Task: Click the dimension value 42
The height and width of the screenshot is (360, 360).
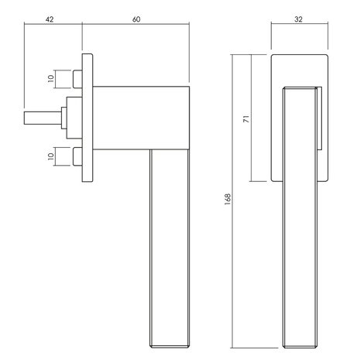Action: coord(50,19)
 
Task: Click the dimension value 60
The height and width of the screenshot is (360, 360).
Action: coord(136,19)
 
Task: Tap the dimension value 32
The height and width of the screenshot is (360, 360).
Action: coord(298,19)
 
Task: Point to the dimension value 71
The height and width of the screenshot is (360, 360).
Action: coord(247,118)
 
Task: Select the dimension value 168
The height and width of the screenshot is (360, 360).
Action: coord(228,199)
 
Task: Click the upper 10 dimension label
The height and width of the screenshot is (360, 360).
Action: coord(50,78)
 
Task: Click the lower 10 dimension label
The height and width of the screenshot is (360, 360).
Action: coord(50,156)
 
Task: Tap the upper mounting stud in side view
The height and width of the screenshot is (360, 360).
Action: coord(77,79)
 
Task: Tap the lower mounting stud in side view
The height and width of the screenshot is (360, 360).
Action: coord(77,156)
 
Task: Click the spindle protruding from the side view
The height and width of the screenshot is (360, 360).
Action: coord(43,118)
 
